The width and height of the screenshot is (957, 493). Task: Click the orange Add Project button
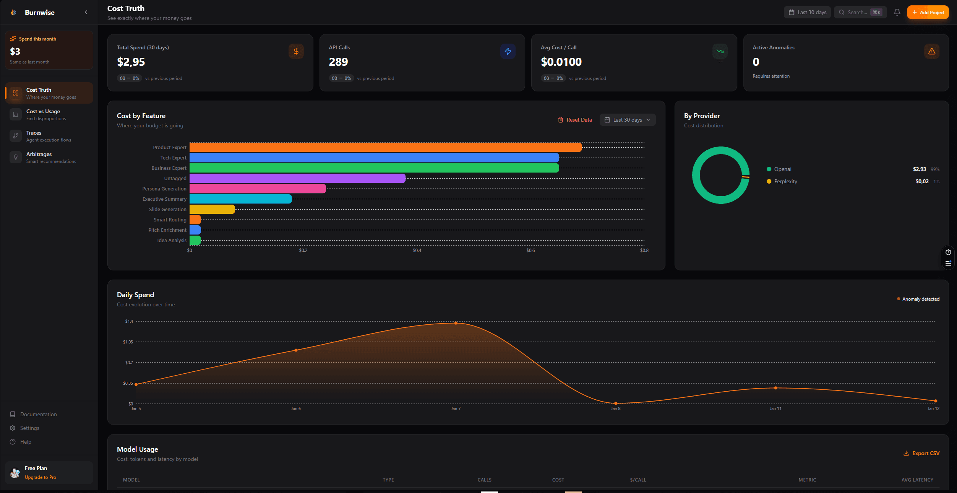[928, 13]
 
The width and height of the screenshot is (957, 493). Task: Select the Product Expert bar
[385, 147]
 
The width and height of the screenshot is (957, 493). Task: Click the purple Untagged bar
[297, 178]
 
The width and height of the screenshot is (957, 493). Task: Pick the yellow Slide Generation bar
[212, 209]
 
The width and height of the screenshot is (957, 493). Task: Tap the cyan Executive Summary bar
[240, 199]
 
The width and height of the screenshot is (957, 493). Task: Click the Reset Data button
[575, 120]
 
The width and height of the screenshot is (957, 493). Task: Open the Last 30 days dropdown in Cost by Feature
[627, 120]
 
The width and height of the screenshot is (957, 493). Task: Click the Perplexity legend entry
[785, 181]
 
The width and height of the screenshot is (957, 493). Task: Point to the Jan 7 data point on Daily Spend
[456, 323]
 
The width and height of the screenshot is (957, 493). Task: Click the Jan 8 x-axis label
[615, 408]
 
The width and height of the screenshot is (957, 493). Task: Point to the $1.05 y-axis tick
[128, 342]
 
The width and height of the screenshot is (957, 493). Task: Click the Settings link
[29, 428]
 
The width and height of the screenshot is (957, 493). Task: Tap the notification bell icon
[897, 12]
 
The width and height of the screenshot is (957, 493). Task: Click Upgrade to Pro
[40, 477]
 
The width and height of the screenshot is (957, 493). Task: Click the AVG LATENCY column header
[917, 480]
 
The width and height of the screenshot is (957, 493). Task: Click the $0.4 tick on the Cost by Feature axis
[417, 251]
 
